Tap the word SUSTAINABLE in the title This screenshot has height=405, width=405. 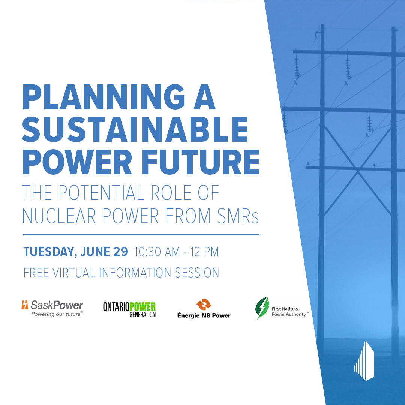135,129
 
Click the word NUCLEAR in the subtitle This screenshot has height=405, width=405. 59,216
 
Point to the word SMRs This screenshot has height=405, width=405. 238,216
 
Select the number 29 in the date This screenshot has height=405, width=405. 120,252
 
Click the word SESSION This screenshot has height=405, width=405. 197,273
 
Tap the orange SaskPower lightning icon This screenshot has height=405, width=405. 25,305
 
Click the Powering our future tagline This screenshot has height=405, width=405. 57,314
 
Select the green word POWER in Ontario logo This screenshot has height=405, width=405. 142,307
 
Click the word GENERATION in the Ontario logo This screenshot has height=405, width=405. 142,314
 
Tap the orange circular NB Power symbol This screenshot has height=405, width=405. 204,304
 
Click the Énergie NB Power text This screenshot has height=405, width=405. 204,315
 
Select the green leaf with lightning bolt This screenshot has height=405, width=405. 262,308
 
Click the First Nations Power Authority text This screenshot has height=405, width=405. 289,312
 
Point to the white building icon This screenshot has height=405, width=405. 364,361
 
